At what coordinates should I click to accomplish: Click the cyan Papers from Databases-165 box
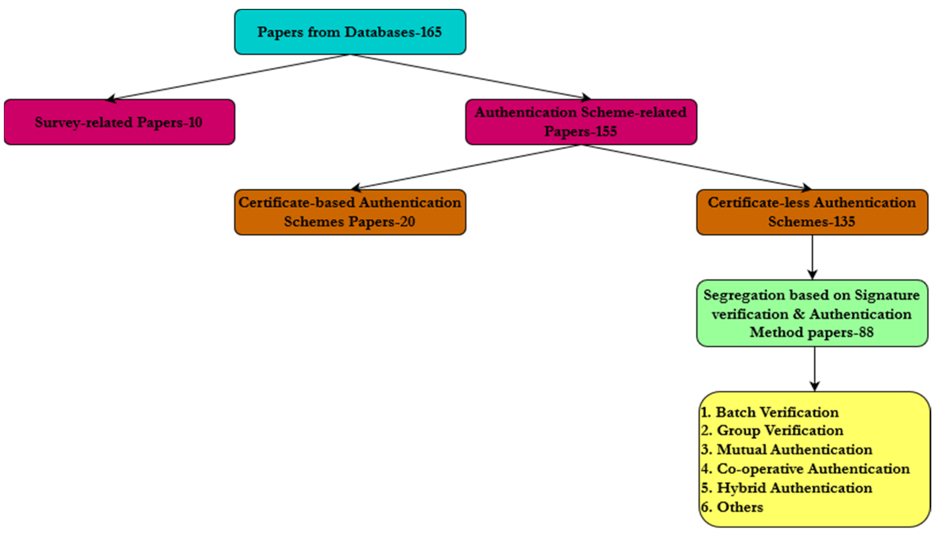pyautogui.click(x=350, y=32)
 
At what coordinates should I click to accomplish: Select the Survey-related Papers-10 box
pyautogui.click(x=119, y=122)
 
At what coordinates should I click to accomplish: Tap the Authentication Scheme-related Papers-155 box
pyautogui.click(x=581, y=122)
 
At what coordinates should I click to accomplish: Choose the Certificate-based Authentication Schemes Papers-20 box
pyautogui.click(x=350, y=212)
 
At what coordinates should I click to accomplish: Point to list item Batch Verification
pyautogui.click(x=770, y=412)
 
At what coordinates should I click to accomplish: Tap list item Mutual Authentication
pyautogui.click(x=787, y=450)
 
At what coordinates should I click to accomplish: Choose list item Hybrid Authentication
pyautogui.click(x=787, y=488)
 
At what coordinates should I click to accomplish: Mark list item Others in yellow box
pyautogui.click(x=732, y=507)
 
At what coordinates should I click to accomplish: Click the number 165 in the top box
pyautogui.click(x=431, y=32)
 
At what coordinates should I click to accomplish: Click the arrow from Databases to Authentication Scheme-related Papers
pyautogui.click(x=469, y=76)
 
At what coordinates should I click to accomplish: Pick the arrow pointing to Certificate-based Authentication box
pyautogui.click(x=465, y=167)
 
